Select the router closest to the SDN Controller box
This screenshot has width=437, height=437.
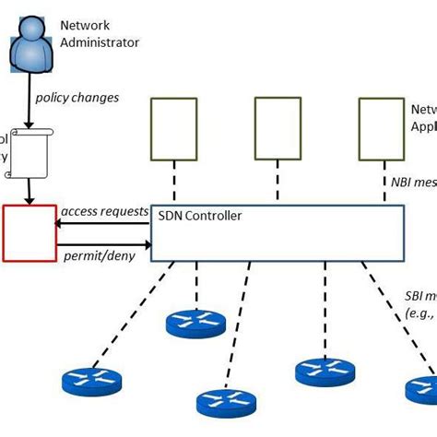[195, 324]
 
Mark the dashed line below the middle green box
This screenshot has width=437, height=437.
[278, 185]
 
